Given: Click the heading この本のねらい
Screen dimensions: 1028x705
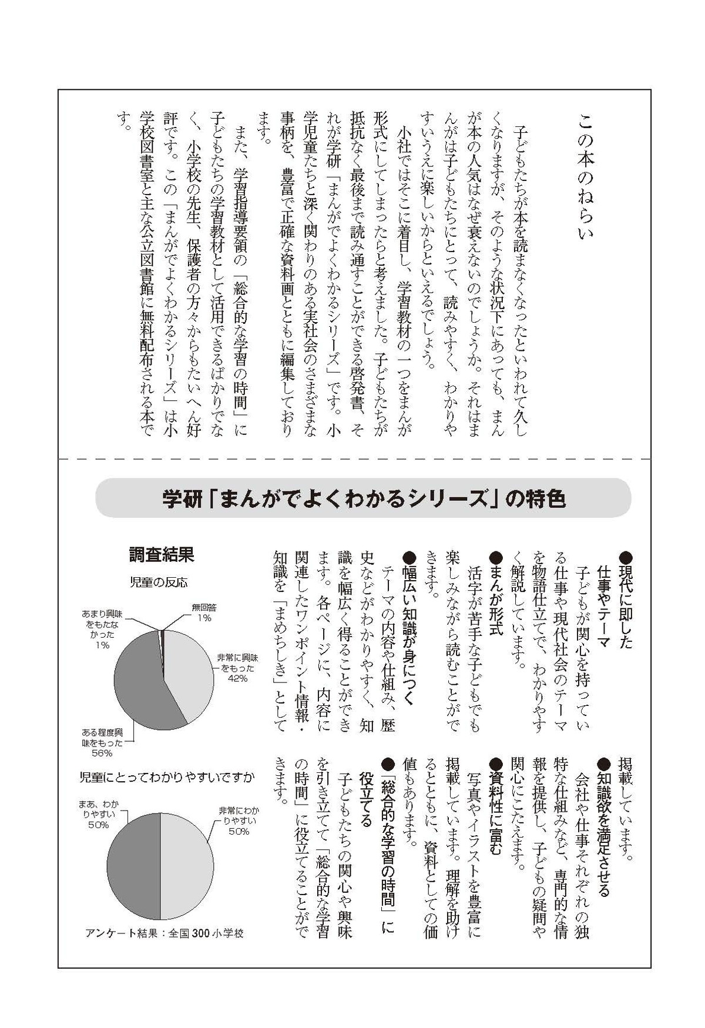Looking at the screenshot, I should click(x=586, y=176).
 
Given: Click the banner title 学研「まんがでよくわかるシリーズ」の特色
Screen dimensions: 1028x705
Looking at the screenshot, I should click(x=364, y=499).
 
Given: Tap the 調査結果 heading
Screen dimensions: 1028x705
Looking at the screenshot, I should click(x=162, y=554).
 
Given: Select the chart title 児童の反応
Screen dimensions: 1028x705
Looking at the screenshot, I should click(x=159, y=582).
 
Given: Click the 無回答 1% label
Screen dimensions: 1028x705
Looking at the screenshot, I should click(x=204, y=612).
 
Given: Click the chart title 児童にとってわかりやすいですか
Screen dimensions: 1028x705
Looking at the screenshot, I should click(x=167, y=778).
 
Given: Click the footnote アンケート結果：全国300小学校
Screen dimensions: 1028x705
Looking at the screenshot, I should click(x=164, y=933).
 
